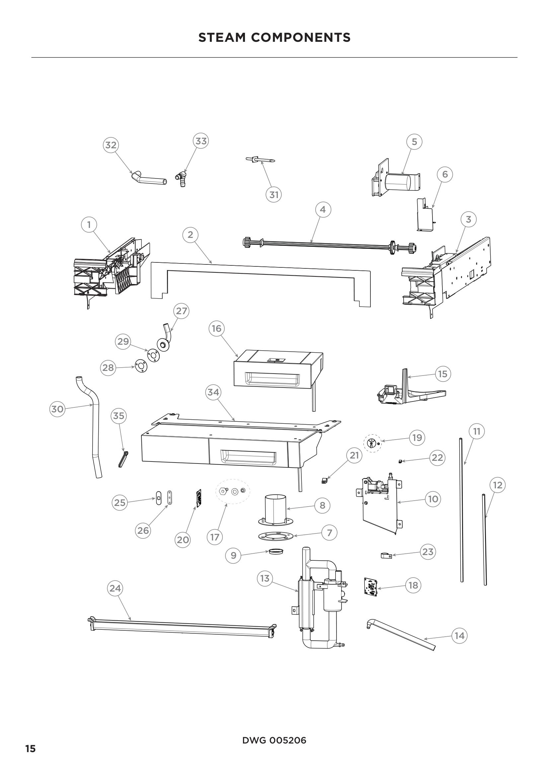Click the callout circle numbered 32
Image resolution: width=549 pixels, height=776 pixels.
point(111,145)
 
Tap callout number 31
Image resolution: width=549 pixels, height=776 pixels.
point(274,195)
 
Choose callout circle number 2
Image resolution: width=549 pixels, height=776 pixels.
point(190,235)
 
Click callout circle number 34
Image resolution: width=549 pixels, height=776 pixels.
point(213,392)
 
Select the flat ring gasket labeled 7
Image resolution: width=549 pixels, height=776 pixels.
point(274,536)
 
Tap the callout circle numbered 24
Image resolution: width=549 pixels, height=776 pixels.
point(115,589)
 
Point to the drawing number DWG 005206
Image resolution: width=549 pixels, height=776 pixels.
point(274,741)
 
